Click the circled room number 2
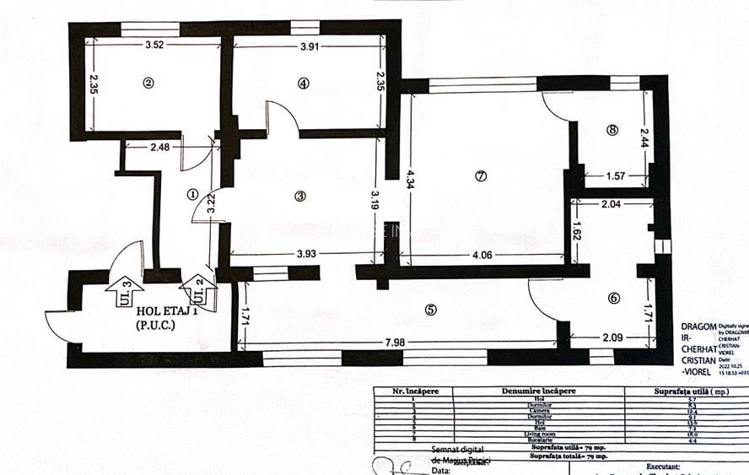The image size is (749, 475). pyautogui.click(x=148, y=83)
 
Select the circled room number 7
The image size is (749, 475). pyautogui.click(x=481, y=176)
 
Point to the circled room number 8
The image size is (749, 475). pyautogui.click(x=612, y=130)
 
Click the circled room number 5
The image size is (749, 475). pyautogui.click(x=431, y=310)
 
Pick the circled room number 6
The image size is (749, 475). pyautogui.click(x=613, y=297)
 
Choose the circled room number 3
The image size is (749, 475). pyautogui.click(x=300, y=196)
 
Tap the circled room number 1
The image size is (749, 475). pyautogui.click(x=192, y=193)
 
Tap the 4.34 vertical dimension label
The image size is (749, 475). pyautogui.click(x=410, y=180)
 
